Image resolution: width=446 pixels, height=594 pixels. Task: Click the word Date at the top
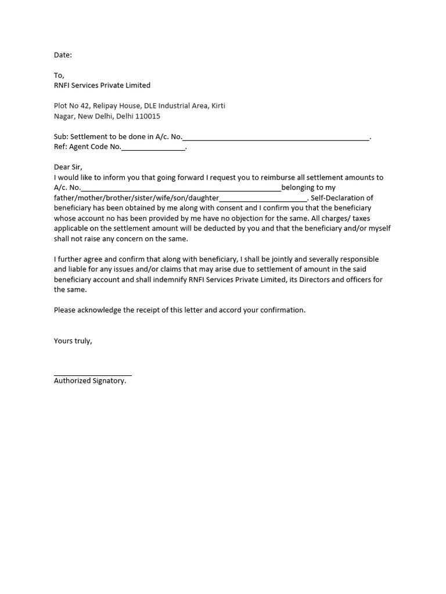[x=62, y=55]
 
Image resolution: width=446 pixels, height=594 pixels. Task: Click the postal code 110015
[x=146, y=116]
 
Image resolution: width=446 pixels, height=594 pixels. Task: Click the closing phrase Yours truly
[x=73, y=341]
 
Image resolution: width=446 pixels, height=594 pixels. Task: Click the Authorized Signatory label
[x=90, y=381]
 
